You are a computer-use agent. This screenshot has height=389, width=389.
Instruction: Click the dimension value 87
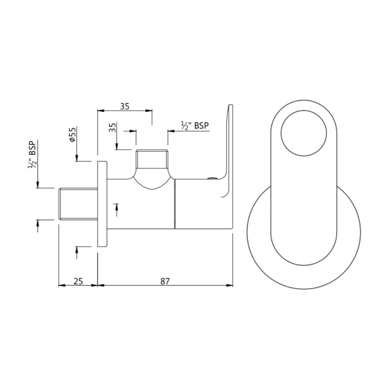tap(165, 281)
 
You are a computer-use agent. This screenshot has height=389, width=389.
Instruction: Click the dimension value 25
tap(78, 281)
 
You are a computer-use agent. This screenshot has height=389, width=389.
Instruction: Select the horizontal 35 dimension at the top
tap(125, 106)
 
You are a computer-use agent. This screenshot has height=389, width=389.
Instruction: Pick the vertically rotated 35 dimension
tap(113, 128)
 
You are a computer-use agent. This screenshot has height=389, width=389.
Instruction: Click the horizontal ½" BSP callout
tap(195, 125)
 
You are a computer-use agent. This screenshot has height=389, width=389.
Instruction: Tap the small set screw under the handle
tap(212, 178)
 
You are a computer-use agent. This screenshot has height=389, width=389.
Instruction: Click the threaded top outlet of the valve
tap(152, 159)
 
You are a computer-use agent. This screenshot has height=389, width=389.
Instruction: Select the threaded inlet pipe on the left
tap(78, 203)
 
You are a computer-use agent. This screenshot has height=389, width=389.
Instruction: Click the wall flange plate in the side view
tap(102, 204)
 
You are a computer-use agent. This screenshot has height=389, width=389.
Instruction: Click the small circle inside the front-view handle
tap(304, 133)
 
